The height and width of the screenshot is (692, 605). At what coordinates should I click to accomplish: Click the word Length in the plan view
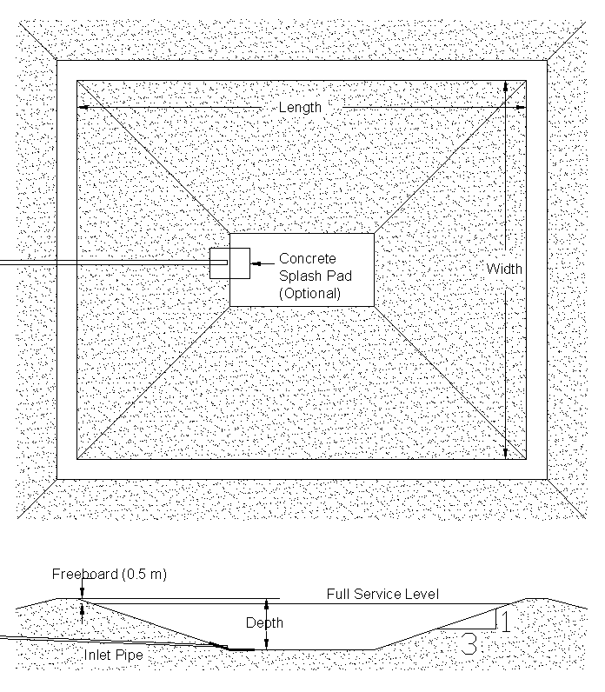[300, 107]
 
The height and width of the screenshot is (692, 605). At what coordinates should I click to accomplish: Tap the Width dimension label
[504, 269]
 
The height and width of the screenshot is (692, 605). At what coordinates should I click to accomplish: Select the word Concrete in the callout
[308, 258]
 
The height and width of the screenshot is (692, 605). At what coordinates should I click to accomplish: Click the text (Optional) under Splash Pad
[309, 293]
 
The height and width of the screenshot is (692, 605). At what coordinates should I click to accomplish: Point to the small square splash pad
[229, 263]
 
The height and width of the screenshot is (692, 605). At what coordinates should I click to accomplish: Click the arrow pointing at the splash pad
[263, 263]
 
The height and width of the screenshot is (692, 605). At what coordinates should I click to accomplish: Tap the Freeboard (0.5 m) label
[109, 574]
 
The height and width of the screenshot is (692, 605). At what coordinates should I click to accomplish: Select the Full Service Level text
[382, 594]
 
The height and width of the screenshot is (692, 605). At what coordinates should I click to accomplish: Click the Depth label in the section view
[264, 622]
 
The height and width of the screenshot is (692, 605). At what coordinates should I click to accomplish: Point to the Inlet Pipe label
[113, 655]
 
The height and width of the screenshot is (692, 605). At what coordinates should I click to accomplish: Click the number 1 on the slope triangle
[505, 621]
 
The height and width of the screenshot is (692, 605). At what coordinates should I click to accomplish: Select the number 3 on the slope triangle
[469, 644]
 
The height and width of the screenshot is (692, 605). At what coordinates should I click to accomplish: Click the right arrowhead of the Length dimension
[521, 107]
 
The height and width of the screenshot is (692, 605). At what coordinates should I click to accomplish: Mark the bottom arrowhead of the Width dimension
[506, 453]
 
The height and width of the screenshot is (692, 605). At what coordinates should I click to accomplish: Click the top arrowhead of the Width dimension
[506, 87]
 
